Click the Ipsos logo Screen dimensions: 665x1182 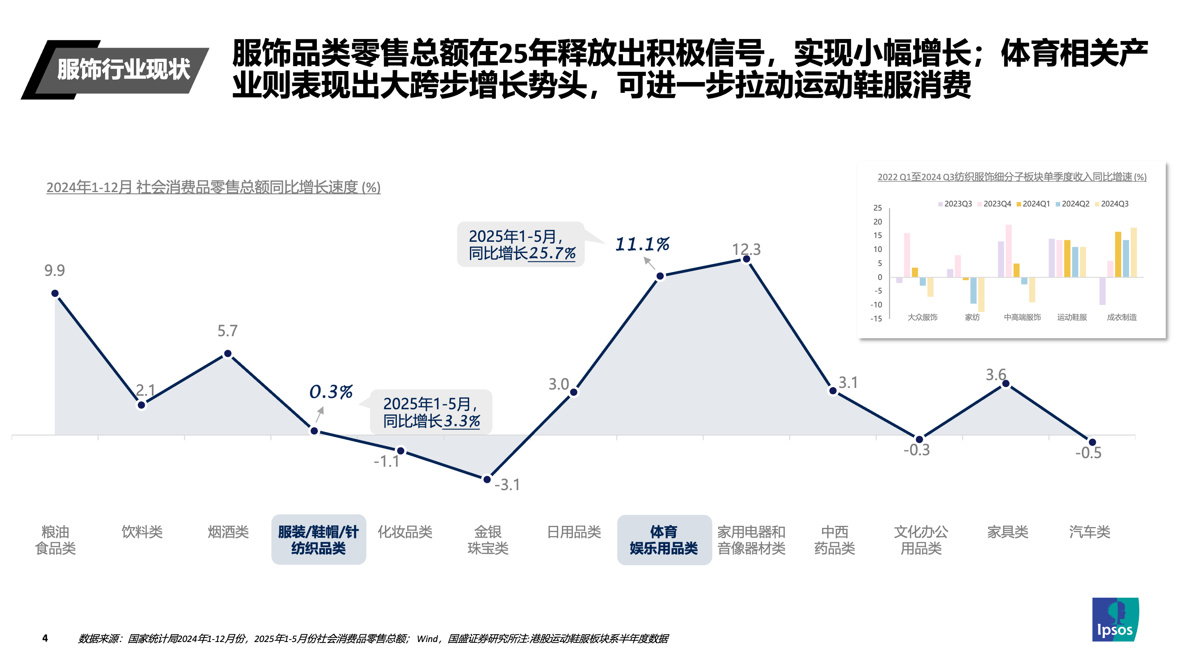(x=1115, y=619)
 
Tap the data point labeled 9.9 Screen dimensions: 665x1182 (x=55, y=293)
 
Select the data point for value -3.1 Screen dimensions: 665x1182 (x=487, y=479)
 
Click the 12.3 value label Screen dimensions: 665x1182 (x=746, y=249)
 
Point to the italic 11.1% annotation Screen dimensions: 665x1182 (x=642, y=244)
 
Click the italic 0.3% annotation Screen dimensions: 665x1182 (x=331, y=392)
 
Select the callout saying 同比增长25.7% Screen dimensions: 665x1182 (x=521, y=245)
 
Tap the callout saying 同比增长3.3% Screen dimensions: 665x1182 (x=431, y=412)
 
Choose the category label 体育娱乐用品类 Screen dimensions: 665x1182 (x=664, y=540)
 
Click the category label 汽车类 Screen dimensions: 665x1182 (x=1089, y=532)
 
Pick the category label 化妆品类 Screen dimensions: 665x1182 (x=405, y=532)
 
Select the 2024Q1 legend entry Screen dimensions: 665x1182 (x=1033, y=204)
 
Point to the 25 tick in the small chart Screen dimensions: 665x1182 (x=877, y=208)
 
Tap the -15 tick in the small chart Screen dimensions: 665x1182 (x=876, y=319)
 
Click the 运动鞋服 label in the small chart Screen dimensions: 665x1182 (x=1072, y=317)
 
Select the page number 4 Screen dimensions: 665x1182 (x=45, y=638)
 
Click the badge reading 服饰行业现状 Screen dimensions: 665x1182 (x=123, y=70)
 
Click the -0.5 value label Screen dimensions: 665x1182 (x=1088, y=453)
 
